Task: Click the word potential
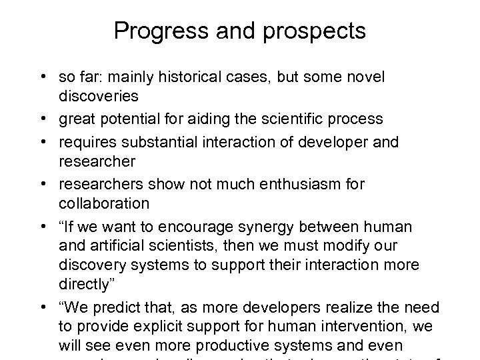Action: point(156,120)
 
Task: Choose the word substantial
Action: point(169,141)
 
